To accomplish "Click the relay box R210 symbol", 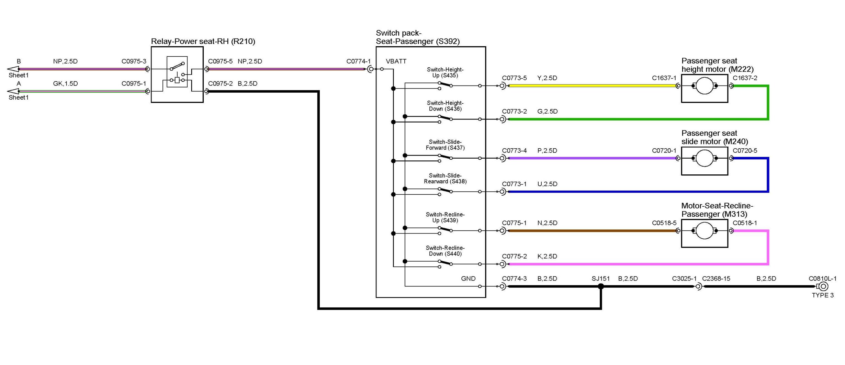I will pos(177,75).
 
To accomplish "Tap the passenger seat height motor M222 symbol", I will pos(704,86).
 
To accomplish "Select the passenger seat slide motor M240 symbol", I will pos(704,158).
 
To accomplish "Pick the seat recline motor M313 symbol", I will pos(704,231).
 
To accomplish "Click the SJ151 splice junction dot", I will pos(601,286).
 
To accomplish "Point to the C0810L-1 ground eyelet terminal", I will pos(823,286).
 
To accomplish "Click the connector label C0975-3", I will pos(134,61).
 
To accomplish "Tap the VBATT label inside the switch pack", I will pos(396,61).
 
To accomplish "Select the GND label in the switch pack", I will pos(468,279).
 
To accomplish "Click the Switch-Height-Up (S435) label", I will pos(445,72).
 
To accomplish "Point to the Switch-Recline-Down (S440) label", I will pos(445,251).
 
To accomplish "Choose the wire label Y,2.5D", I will pos(547,78).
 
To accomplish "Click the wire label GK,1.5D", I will pos(65,84).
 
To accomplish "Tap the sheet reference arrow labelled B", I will pos(13,69).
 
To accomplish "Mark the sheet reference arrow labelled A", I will pos(13,91).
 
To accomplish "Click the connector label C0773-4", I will pos(514,151).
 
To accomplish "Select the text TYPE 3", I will pos(823,295).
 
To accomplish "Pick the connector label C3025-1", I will pos(684,279).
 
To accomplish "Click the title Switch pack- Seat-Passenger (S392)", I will pos(418,37).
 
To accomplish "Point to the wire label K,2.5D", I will pos(547,256).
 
